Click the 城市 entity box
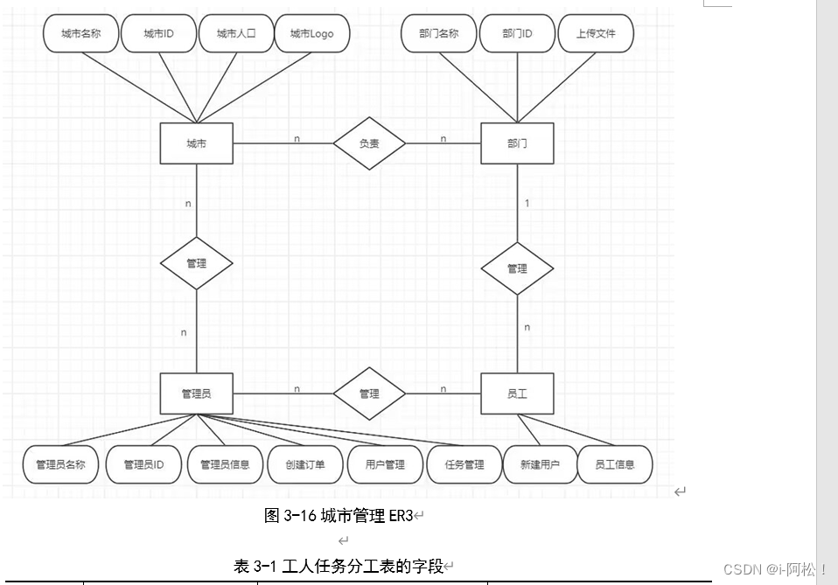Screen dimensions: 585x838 click(196, 143)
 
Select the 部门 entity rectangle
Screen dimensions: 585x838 click(517, 143)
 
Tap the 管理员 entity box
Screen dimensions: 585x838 click(196, 393)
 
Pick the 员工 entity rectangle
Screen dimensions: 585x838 click(517, 393)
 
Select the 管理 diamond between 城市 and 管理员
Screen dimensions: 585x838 click(196, 262)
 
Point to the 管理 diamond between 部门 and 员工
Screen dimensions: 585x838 click(517, 268)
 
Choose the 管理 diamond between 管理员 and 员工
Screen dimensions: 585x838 click(369, 393)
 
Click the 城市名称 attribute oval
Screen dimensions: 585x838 click(80, 34)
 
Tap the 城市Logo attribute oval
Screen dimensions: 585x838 click(311, 34)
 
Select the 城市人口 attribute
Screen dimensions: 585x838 click(235, 34)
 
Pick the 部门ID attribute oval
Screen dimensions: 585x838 click(517, 34)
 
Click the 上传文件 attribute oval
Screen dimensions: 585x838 click(596, 34)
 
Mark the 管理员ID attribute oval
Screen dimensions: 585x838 click(143, 464)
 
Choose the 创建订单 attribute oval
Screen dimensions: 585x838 click(304, 464)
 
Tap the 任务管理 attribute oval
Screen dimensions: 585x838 click(464, 464)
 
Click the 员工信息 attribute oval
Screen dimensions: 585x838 click(614, 464)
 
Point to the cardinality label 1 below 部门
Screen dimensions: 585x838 click(527, 203)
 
